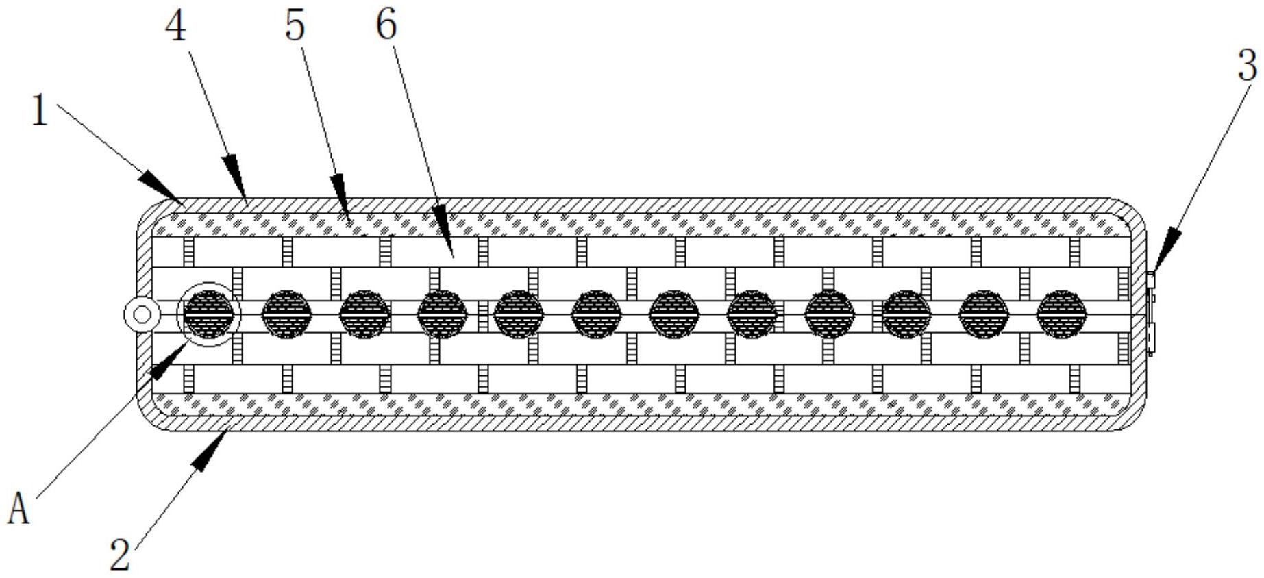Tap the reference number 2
tap(121, 555)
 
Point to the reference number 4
tap(176, 28)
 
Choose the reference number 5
tap(295, 27)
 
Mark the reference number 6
tap(386, 25)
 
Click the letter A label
tap(19, 510)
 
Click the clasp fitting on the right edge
tap(1150, 313)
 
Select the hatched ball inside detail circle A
tap(209, 314)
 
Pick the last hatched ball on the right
tap(1061, 314)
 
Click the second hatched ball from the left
tap(287, 314)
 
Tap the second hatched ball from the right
tap(983, 314)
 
